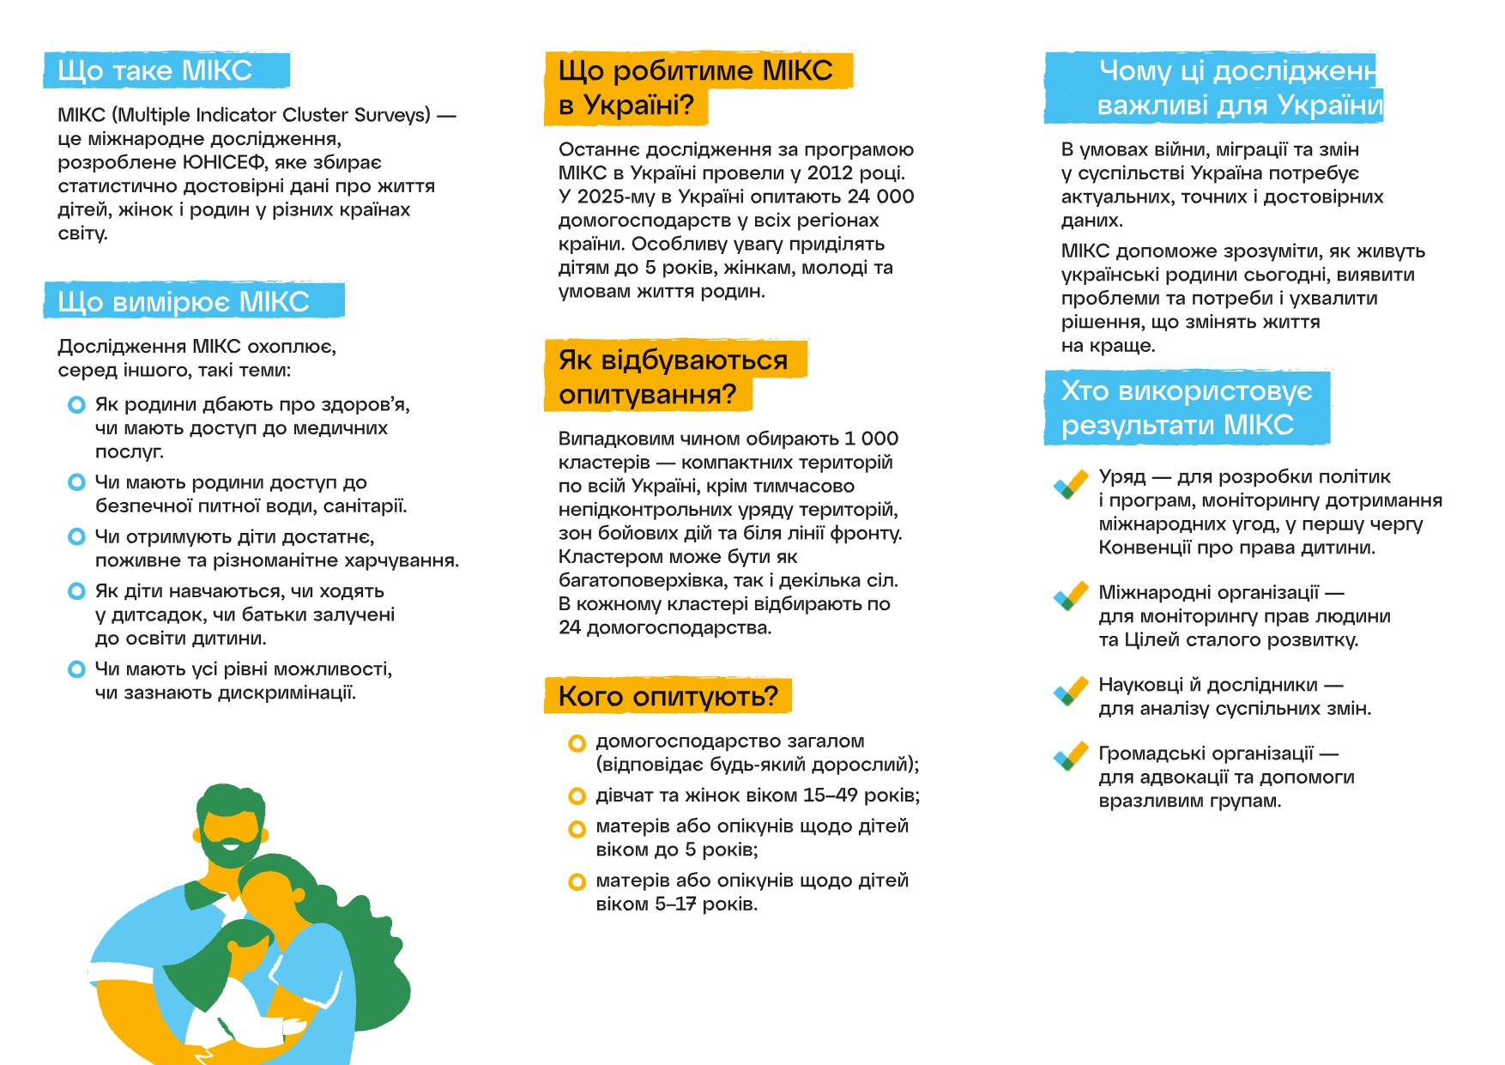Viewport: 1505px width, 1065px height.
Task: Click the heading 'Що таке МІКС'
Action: (x=155, y=70)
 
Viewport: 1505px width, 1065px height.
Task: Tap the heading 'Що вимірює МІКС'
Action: (x=184, y=302)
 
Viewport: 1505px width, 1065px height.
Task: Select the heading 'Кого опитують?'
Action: (x=668, y=696)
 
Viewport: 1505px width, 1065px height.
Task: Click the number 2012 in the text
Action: (x=831, y=173)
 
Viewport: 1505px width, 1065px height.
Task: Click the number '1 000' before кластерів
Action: (x=871, y=439)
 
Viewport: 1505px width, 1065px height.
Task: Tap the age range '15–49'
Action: (x=830, y=796)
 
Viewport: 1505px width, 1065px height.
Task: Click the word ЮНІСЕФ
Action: (x=228, y=163)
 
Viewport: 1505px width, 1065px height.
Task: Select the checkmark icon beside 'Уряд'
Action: (x=1070, y=485)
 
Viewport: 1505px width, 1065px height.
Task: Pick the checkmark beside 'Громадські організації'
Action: (x=1070, y=756)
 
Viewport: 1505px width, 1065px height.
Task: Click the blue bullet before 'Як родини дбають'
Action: (x=76, y=405)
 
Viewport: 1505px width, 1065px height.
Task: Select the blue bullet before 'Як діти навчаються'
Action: (x=76, y=591)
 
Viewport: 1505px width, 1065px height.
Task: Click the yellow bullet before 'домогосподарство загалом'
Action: (x=577, y=743)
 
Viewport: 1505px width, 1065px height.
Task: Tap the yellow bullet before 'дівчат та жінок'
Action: (x=577, y=797)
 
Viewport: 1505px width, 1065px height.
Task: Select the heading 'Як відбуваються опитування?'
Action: (x=673, y=377)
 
